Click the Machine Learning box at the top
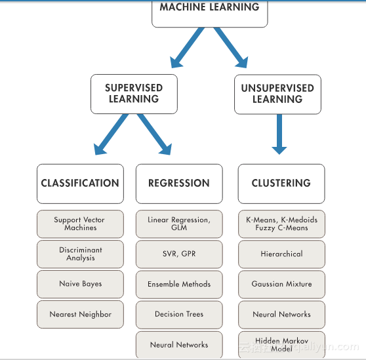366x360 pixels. [210, 14]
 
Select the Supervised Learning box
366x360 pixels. [134, 94]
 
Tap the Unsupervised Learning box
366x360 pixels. [277, 94]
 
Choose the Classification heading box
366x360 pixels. [80, 184]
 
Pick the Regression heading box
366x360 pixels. [179, 184]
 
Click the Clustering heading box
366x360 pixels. [281, 184]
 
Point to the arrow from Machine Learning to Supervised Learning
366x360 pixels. [187, 48]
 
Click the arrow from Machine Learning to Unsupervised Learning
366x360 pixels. [231, 48]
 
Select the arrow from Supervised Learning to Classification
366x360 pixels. [111, 134]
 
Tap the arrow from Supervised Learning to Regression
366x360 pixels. [154, 134]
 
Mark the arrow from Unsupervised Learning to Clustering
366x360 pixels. [279, 134]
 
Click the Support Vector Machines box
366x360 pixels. [80, 224]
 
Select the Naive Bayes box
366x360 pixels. [80, 284]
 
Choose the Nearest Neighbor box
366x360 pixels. [80, 314]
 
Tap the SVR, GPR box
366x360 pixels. [179, 254]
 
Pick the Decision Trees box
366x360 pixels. [179, 315]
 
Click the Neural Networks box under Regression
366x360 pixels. [179, 345]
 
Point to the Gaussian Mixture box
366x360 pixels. [281, 285]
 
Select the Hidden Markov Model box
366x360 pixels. [281, 345]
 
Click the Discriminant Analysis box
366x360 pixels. [80, 254]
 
